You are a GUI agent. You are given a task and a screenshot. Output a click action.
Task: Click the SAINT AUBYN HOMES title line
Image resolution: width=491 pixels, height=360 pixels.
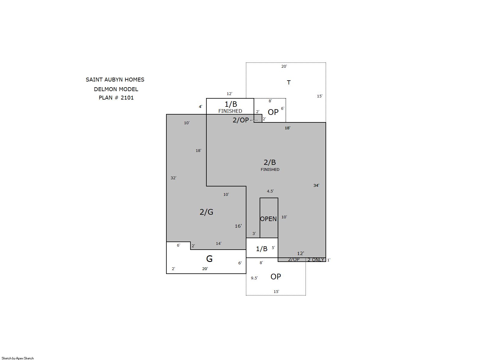[x=115, y=79]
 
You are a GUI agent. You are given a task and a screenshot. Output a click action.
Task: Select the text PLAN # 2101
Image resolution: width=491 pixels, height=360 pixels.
[x=116, y=98]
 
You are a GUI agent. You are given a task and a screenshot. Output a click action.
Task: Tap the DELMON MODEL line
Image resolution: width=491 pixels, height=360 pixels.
[x=116, y=89]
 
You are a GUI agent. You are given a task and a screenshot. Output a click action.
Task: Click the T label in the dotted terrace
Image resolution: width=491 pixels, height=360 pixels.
[x=289, y=82]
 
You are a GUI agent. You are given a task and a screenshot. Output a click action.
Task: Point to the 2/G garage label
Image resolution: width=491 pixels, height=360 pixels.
[x=206, y=212]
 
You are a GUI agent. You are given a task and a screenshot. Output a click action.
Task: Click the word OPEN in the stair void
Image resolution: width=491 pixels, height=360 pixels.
[x=268, y=219]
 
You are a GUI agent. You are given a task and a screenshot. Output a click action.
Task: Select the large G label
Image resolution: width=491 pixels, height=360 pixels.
[x=209, y=259]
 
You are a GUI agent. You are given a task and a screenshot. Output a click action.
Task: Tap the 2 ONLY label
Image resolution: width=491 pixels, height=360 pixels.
[x=316, y=260]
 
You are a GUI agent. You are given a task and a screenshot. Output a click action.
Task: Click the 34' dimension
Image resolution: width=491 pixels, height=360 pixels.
[x=316, y=185]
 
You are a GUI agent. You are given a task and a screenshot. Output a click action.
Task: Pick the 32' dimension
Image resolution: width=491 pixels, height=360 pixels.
[x=173, y=178]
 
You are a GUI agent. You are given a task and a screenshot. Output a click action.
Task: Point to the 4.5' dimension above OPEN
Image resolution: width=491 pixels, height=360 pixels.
[x=270, y=191]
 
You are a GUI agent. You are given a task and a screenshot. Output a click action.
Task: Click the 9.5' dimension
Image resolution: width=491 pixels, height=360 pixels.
[x=254, y=278]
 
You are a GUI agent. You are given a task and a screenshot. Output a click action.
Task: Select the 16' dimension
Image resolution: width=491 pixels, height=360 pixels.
[x=238, y=226]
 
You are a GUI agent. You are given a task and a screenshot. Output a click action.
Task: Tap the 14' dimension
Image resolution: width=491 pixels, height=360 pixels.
[x=218, y=243]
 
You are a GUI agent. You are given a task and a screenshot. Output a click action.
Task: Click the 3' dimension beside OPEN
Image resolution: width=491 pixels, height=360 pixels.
[x=254, y=234]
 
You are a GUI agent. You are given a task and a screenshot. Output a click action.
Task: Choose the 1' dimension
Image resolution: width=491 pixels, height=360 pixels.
[x=329, y=260]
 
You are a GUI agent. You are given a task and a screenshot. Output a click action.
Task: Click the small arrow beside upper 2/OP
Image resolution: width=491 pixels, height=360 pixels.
[x=254, y=120]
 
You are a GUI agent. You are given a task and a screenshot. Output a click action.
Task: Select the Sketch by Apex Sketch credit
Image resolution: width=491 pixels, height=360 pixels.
[x=18, y=358]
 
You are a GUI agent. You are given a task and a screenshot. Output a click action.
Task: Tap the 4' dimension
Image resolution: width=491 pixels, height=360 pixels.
[x=201, y=107]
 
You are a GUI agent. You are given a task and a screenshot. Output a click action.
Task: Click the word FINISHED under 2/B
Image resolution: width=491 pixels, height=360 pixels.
[x=270, y=170]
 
